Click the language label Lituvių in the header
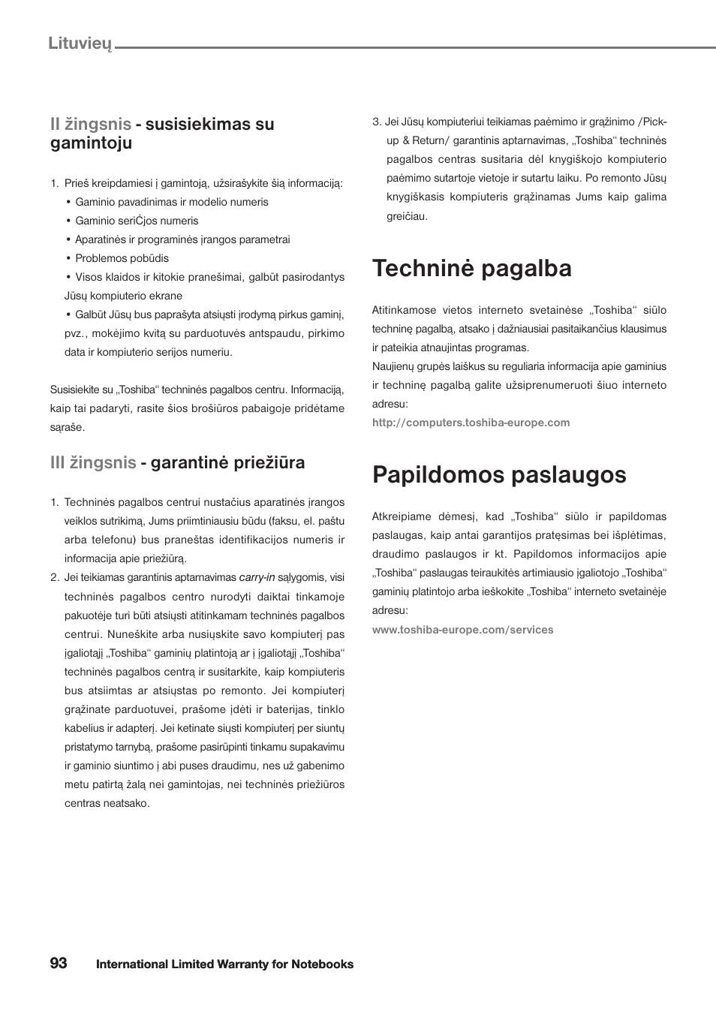pos(80,43)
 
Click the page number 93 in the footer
pos(59,963)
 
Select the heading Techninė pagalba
pos(471,268)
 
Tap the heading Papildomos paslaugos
pos(498,474)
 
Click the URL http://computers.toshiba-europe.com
pos(471,423)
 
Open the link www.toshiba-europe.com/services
pos(462,630)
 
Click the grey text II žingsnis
pos(91,124)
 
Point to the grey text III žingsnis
pos(93,462)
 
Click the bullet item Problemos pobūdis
pos(122,258)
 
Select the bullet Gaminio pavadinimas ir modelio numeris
pos(171,202)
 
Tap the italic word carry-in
pos(257,577)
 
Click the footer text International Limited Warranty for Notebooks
pos(224,964)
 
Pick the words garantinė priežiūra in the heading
pos(227,462)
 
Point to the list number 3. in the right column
pos(377,122)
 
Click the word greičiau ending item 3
pos(407,216)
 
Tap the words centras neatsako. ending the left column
pos(107,803)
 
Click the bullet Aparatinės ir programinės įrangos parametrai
pos(182,239)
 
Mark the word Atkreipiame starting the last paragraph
pos(401,516)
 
